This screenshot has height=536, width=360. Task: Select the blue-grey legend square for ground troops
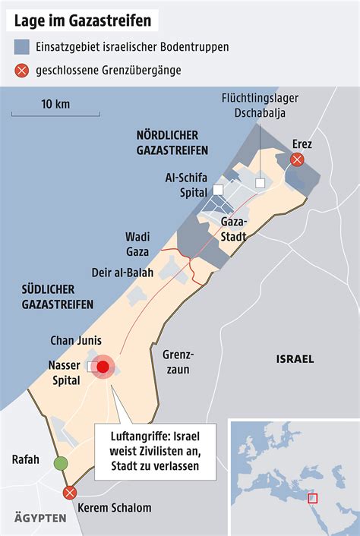(x=21, y=47)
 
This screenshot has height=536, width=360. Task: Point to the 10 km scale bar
(x=55, y=115)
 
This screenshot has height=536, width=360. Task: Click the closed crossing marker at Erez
(x=298, y=159)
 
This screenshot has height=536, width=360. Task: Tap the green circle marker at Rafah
(x=60, y=464)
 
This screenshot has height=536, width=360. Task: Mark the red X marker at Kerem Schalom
(x=70, y=493)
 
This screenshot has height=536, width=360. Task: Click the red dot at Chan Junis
(x=103, y=367)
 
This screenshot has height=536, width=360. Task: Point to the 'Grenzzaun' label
(x=179, y=362)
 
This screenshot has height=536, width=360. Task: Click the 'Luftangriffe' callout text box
(x=154, y=452)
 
